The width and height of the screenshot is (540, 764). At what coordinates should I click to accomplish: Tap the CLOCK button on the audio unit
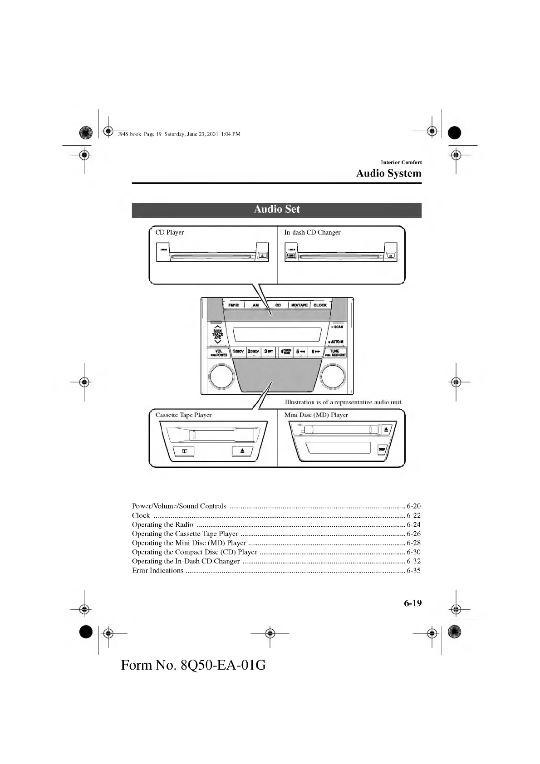tap(320, 305)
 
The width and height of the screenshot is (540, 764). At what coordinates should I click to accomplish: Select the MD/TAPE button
tap(299, 305)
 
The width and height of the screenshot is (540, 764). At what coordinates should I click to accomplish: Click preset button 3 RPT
tap(269, 352)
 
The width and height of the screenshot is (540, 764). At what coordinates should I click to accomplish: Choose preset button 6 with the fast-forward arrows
tap(316, 352)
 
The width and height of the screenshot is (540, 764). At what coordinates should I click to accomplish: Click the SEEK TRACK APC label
tap(218, 334)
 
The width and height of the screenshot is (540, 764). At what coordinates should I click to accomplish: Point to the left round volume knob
tap(221, 376)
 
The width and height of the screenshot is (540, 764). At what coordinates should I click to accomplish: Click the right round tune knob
tap(334, 376)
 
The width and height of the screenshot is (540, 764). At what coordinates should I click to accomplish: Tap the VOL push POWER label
tap(219, 353)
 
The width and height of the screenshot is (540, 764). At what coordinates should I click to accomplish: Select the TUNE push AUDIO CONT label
tap(335, 353)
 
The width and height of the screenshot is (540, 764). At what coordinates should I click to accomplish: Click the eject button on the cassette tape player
tap(242, 451)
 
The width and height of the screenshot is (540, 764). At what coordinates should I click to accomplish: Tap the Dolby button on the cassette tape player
tap(185, 451)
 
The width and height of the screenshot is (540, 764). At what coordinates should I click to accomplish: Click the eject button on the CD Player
tap(262, 256)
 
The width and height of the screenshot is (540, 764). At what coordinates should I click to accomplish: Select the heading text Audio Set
tap(277, 209)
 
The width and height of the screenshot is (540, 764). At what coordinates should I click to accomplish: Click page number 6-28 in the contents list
tap(413, 543)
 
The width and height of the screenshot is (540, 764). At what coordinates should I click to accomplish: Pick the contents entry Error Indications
tap(157, 571)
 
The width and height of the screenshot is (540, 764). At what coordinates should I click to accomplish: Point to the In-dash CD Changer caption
tap(312, 232)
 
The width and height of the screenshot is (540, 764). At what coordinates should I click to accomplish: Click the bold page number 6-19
tap(412, 603)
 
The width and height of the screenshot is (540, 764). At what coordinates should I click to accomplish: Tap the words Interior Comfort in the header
tap(401, 162)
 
